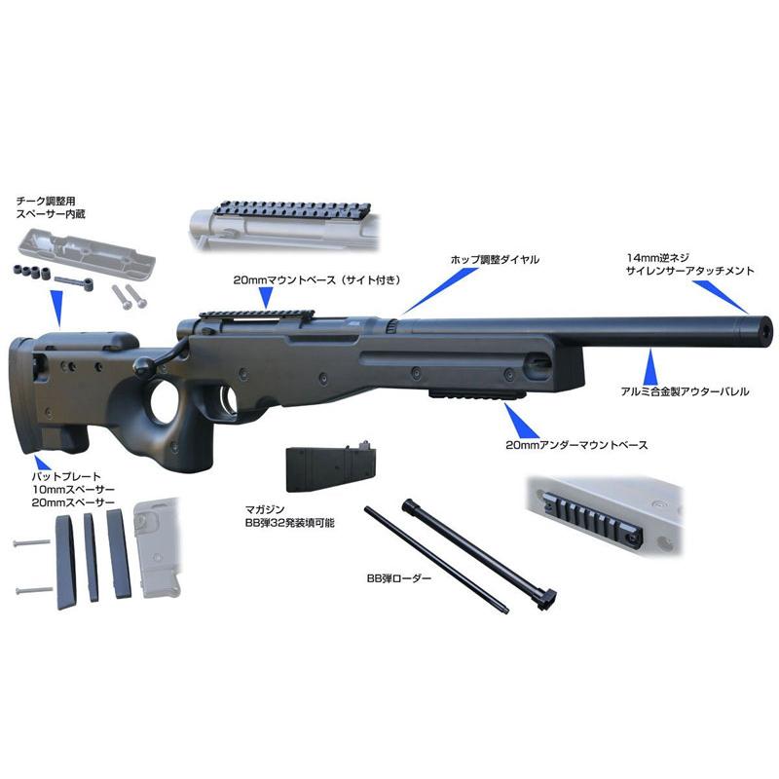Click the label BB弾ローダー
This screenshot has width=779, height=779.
[x=396, y=577]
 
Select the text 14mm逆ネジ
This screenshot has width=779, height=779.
[x=660, y=258]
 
